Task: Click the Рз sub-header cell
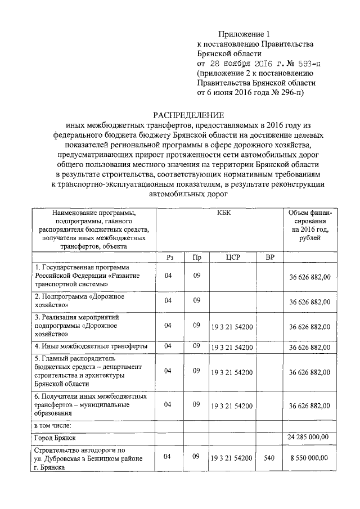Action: tap(169, 256)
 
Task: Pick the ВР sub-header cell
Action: tap(269, 256)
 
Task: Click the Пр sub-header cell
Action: tap(196, 256)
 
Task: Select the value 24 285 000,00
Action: tap(309, 436)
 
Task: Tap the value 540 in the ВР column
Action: tap(269, 458)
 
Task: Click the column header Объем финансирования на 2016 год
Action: tap(310, 226)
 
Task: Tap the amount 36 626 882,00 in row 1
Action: tap(310, 277)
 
